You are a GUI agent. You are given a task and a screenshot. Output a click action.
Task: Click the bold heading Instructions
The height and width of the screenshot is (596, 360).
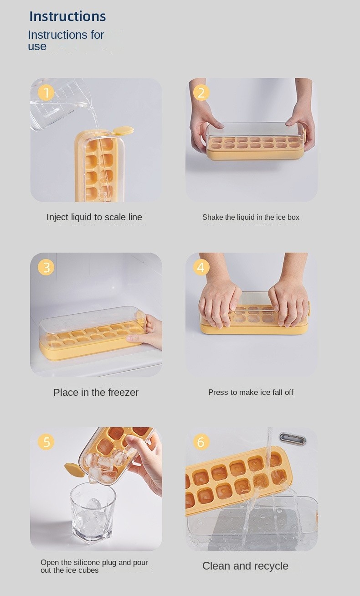tap(67, 16)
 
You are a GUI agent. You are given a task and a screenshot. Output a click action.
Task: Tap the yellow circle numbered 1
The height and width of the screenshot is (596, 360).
tap(46, 93)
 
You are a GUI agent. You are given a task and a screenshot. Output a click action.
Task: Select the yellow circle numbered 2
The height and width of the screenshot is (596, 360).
tap(201, 93)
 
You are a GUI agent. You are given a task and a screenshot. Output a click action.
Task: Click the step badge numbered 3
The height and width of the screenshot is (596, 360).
tap(46, 267)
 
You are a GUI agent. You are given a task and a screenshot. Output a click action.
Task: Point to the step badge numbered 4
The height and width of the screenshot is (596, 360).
tap(201, 267)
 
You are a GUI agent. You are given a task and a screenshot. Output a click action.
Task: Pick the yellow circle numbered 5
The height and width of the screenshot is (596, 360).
tap(46, 442)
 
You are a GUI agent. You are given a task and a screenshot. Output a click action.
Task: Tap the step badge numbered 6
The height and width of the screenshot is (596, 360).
tap(201, 442)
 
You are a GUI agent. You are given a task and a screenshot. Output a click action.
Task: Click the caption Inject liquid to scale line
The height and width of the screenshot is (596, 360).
tap(94, 217)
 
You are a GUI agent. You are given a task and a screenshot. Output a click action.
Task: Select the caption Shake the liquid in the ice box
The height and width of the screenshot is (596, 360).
tap(251, 218)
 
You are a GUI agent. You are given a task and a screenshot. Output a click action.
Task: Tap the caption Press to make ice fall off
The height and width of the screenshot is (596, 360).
tap(251, 392)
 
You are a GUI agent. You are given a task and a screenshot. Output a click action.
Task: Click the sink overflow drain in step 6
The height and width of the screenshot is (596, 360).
tap(292, 439)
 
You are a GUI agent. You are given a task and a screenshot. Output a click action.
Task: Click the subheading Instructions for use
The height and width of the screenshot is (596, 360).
tap(66, 41)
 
